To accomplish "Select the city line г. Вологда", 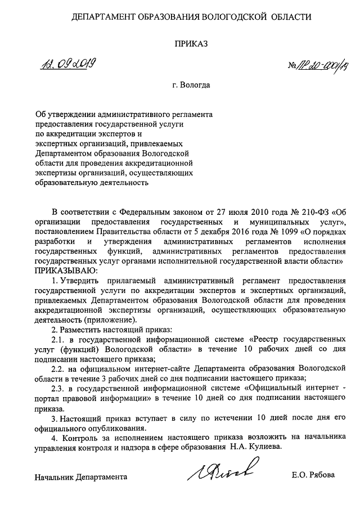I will (191, 86).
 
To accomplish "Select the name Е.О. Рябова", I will (313, 475).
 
